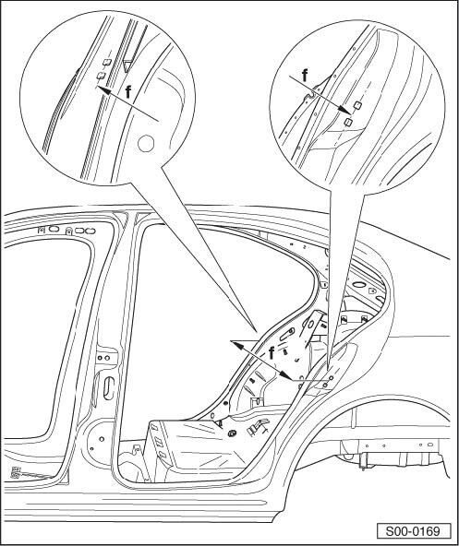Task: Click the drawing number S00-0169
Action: click(x=413, y=531)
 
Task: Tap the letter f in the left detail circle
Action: click(x=128, y=92)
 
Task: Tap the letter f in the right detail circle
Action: click(x=305, y=76)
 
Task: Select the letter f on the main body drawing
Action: click(x=272, y=353)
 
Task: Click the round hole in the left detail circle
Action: click(x=146, y=144)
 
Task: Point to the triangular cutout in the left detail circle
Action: click(x=127, y=66)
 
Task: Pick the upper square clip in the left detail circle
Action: click(x=107, y=63)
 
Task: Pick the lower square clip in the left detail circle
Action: click(x=101, y=76)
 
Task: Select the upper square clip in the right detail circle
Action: click(x=357, y=105)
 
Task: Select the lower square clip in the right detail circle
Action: click(x=348, y=122)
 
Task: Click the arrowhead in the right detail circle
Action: click(x=344, y=110)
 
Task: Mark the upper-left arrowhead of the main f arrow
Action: click(x=236, y=344)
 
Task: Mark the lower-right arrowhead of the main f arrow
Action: click(x=286, y=375)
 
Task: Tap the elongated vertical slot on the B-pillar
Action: click(x=109, y=388)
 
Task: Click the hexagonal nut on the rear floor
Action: click(x=231, y=433)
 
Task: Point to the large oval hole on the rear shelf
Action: click(x=358, y=284)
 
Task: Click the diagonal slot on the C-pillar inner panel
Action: click(x=286, y=334)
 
